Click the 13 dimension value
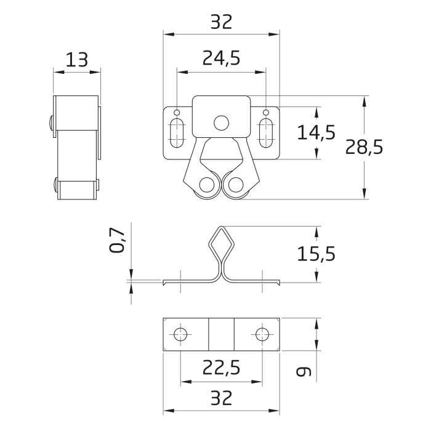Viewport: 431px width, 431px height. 77,60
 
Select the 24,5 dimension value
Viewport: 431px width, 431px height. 221,58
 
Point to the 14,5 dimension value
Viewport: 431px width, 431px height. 316,132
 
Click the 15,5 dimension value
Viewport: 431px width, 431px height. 316,252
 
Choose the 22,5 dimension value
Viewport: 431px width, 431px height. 221,368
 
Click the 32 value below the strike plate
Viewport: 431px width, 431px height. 221,398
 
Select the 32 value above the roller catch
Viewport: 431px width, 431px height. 221,22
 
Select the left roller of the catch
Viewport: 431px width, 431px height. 207,185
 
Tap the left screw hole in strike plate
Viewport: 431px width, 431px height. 180,334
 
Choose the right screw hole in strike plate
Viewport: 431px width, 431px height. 262,334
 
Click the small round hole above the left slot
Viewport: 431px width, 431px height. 177,113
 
